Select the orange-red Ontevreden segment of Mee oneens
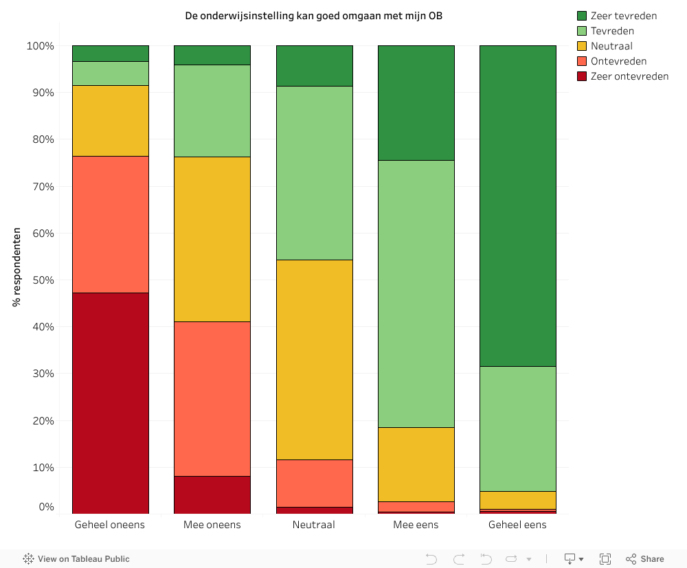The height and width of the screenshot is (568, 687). click(212, 398)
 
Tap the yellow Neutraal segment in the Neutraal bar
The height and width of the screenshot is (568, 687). click(314, 359)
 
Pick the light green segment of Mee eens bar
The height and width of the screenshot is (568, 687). click(416, 294)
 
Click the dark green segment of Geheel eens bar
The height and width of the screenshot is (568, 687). click(517, 206)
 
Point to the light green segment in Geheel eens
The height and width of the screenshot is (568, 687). click(517, 429)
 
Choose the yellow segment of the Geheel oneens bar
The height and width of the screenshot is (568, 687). click(110, 121)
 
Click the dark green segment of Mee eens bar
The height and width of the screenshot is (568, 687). click(416, 103)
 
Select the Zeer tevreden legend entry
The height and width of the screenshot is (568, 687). click(623, 16)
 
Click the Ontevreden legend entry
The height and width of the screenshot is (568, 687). click(618, 61)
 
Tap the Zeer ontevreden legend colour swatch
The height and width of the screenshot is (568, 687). click(582, 76)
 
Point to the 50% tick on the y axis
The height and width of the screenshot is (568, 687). click(41, 280)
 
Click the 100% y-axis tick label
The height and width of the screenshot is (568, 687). click(41, 46)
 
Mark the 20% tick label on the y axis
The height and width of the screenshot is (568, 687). click(41, 420)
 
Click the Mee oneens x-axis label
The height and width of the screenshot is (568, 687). click(212, 525)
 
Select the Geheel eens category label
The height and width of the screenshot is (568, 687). click(517, 525)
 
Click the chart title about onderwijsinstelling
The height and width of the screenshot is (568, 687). click(313, 15)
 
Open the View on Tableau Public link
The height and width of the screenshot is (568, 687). click(77, 559)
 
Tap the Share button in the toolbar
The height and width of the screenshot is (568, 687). click(645, 559)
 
